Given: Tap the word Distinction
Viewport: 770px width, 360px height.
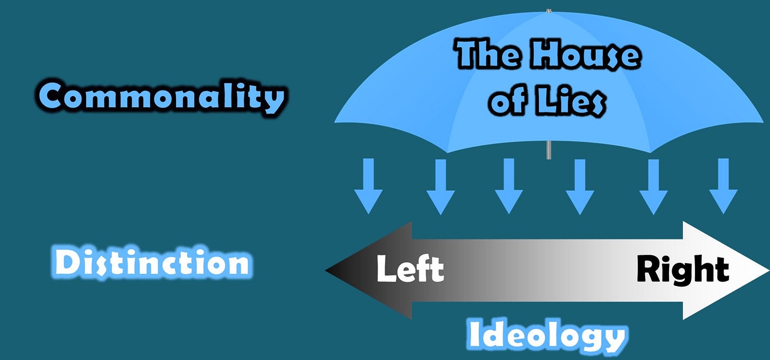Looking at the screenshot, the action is click(x=152, y=263).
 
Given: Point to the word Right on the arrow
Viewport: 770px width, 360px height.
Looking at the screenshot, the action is click(x=683, y=270).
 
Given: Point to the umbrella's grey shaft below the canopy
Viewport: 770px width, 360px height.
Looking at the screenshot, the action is click(x=548, y=149).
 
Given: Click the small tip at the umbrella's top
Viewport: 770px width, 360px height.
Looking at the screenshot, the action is click(x=548, y=10).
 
